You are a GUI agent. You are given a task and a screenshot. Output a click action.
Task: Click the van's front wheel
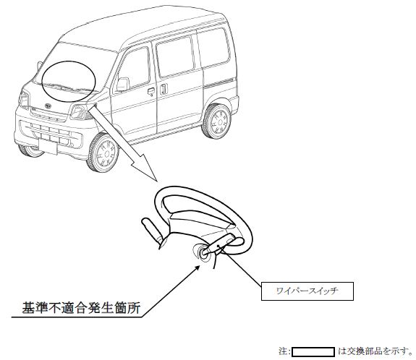pos(103,153)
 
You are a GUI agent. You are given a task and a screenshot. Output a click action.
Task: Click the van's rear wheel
pos(217,121)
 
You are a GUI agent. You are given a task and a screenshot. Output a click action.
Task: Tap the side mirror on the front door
pos(122,85)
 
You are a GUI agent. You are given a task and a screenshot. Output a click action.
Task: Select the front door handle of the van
pos(151,92)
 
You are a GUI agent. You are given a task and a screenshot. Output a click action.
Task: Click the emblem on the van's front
pos(48,106)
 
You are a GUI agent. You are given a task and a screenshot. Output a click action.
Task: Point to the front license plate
pos(48,147)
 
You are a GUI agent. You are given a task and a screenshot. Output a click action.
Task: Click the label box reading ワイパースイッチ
pos(307,291)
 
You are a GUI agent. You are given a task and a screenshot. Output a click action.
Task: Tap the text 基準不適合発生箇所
pos(81,308)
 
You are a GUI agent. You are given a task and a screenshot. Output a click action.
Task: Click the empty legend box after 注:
pos(313,352)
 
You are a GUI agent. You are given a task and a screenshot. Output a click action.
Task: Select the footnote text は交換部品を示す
pos(375,351)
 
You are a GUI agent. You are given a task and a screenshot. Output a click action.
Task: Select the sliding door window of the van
pos(175,56)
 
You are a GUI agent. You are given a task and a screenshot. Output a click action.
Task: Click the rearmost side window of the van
pos(213,48)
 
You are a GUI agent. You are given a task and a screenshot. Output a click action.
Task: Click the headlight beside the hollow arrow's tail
pos(78,111)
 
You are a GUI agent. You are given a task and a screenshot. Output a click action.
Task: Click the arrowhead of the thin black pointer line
pos(198,268)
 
